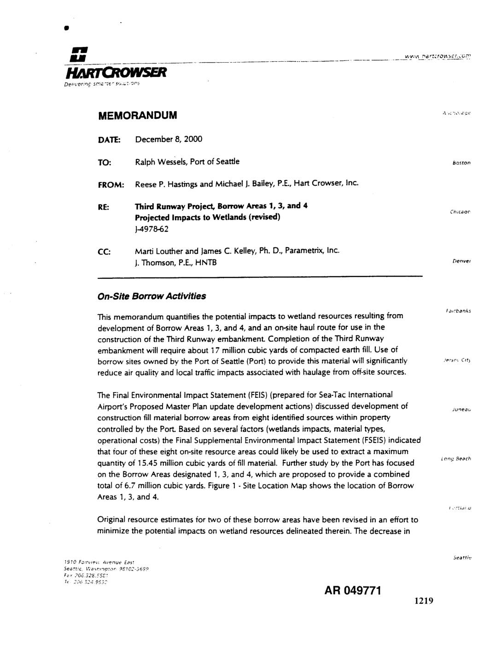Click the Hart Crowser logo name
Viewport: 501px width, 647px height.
pyautogui.click(x=116, y=72)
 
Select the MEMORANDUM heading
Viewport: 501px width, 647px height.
pyautogui.click(x=138, y=115)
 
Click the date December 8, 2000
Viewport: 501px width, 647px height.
pyautogui.click(x=169, y=139)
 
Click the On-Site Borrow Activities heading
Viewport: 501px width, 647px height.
pyautogui.click(x=152, y=296)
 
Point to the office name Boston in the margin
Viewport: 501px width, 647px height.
pyautogui.click(x=461, y=163)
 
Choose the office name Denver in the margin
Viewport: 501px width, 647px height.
pyautogui.click(x=461, y=261)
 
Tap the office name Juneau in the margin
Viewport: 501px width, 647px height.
pyautogui.click(x=461, y=409)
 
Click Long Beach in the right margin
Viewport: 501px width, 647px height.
pyautogui.click(x=456, y=459)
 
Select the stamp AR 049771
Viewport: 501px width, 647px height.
pyautogui.click(x=353, y=590)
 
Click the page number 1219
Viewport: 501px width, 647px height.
pyautogui.click(x=424, y=600)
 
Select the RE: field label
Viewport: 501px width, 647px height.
pyautogui.click(x=104, y=207)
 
